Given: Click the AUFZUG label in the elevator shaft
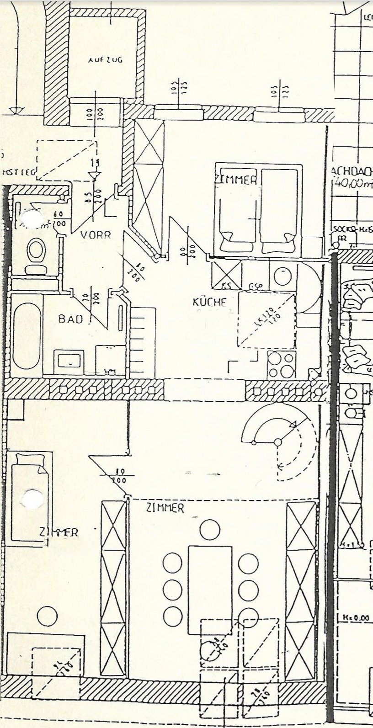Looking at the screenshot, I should [105, 60].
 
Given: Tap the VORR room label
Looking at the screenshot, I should [96, 235].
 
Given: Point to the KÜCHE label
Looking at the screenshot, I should [209, 302].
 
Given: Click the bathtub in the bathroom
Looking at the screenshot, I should [26, 336].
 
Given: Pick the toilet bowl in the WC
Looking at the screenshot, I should [35, 250].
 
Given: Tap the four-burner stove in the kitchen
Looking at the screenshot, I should [281, 364].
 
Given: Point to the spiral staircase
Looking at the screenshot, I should [278, 442].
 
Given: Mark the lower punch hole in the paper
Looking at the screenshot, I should [32, 499].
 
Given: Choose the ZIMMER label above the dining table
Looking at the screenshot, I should [165, 508].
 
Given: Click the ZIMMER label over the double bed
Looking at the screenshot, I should [236, 180].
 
